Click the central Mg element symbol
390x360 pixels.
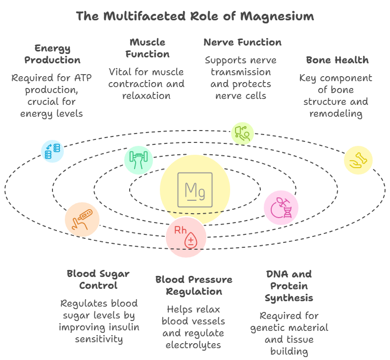(x=195, y=190)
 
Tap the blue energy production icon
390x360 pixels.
(x=52, y=151)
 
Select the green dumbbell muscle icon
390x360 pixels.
(x=139, y=159)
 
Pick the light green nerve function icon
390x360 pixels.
(x=243, y=133)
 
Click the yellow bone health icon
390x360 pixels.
(x=358, y=160)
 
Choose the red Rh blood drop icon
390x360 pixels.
(x=186, y=237)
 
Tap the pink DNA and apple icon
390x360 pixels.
(x=281, y=207)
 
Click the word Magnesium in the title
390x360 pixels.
(x=277, y=16)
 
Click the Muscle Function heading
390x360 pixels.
(x=147, y=48)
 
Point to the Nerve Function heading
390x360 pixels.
(x=243, y=42)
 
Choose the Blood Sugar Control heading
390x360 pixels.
(x=98, y=279)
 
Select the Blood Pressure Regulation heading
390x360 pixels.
(x=194, y=285)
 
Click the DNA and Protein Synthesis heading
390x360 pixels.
(x=289, y=286)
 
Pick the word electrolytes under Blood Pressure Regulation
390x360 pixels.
(x=194, y=345)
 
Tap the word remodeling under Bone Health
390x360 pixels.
(x=336, y=113)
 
